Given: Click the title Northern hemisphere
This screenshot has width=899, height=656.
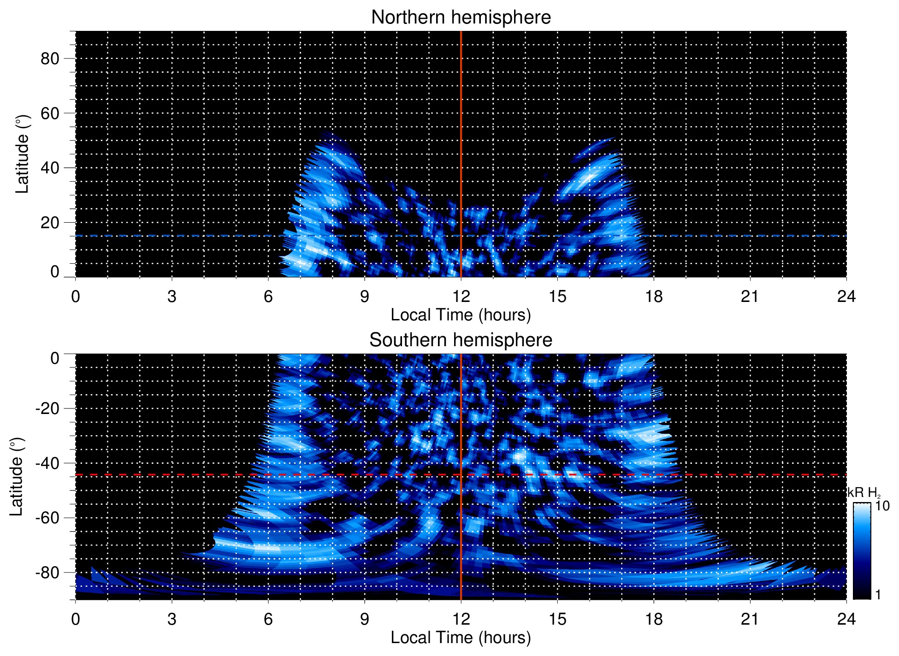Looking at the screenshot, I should tap(461, 18).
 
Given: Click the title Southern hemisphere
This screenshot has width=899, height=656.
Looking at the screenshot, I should tap(461, 340).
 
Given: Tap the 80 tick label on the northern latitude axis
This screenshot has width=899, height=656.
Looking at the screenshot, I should tap(50, 59).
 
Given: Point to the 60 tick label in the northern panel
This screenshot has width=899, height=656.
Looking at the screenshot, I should tap(50, 113).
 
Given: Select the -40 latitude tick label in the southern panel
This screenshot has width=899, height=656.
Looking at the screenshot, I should tap(47, 463).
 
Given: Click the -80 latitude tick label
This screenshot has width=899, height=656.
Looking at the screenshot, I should tap(47, 572).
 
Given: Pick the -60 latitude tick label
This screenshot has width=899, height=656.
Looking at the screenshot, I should tap(47, 518).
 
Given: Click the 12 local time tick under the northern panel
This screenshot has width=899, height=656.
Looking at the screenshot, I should tap(461, 296).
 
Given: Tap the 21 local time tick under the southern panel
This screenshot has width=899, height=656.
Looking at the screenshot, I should tap(750, 619).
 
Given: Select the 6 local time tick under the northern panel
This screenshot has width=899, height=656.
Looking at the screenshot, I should tap(268, 296).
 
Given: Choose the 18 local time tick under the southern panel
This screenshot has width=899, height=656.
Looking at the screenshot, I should tap(653, 619).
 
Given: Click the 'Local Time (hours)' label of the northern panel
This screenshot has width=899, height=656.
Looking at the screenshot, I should tap(461, 315).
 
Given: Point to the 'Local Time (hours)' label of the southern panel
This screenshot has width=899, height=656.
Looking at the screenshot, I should tap(461, 638).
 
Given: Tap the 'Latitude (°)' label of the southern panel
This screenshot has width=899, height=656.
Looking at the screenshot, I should tap(16, 477).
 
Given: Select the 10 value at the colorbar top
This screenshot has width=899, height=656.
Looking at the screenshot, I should tap(882, 506).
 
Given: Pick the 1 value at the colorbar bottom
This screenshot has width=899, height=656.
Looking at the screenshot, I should tap(878, 595).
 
